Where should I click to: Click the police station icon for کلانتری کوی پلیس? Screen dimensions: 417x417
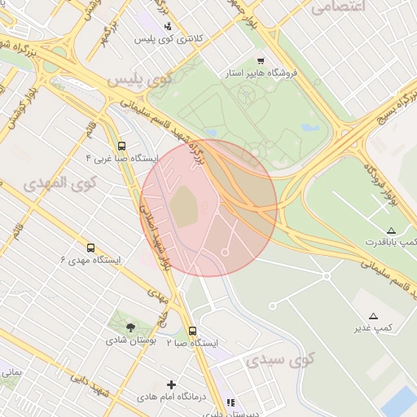168,26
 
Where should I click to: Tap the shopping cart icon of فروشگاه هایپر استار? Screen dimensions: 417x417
260,60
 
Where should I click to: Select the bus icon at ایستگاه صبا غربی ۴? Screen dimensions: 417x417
122,146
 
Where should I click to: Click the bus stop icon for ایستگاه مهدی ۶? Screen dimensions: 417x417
90,248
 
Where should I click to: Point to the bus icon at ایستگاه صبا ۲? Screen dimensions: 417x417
192,331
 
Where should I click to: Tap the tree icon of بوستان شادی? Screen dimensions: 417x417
130,327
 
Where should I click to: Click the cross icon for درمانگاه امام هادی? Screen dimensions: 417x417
171,384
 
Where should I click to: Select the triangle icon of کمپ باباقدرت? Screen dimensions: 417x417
392,230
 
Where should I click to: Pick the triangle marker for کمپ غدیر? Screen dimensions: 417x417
373,315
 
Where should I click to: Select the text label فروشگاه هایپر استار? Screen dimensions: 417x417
262,73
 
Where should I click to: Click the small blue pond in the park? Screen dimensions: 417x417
309,127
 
